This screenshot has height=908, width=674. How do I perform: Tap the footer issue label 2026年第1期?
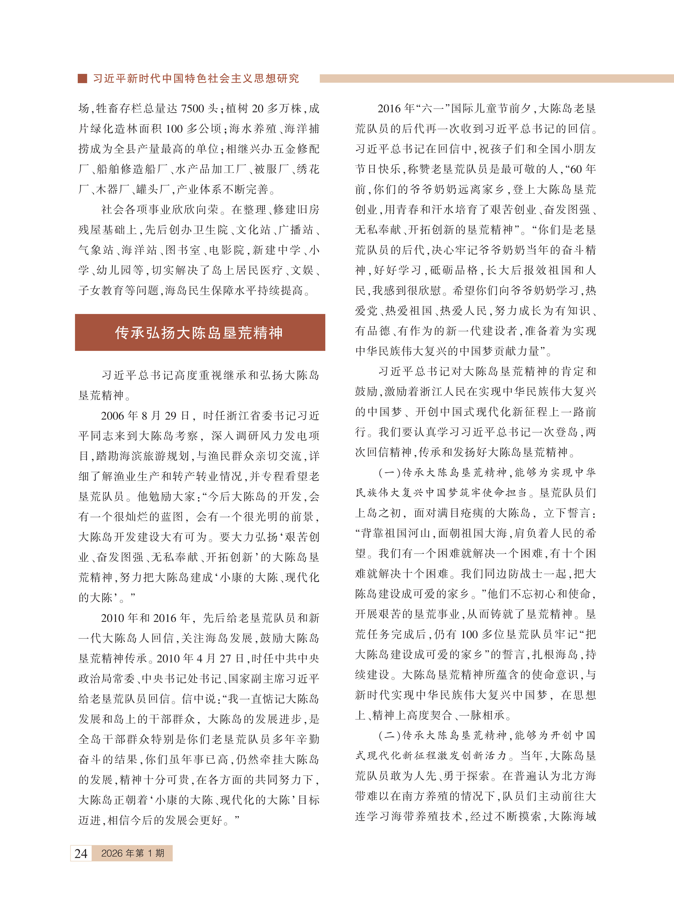[133, 853]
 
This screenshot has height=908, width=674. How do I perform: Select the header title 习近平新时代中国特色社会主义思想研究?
[196, 78]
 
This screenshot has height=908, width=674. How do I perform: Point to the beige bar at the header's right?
[496, 78]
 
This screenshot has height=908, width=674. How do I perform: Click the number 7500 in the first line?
[193, 109]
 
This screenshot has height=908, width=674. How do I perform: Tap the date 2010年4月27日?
[202, 658]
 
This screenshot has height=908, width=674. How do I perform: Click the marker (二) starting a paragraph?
[390, 735]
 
